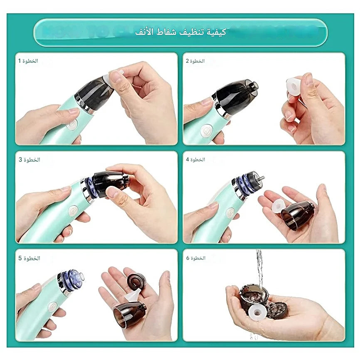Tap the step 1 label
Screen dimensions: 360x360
click(28, 61)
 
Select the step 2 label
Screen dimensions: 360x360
click(195, 61)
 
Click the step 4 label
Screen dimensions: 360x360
click(195, 160)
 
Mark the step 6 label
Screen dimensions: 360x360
click(195, 258)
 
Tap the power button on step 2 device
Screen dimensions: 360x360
click(205, 131)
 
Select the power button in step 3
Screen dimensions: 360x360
click(73, 211)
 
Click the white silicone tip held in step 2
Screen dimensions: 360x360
click(294, 86)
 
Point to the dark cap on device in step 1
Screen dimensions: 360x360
click(93, 93)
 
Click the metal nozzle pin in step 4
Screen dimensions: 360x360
click(261, 178)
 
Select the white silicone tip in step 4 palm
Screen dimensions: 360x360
click(275, 205)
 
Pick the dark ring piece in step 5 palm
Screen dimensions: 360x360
click(136, 281)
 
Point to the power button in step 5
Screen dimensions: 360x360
click(52, 307)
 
